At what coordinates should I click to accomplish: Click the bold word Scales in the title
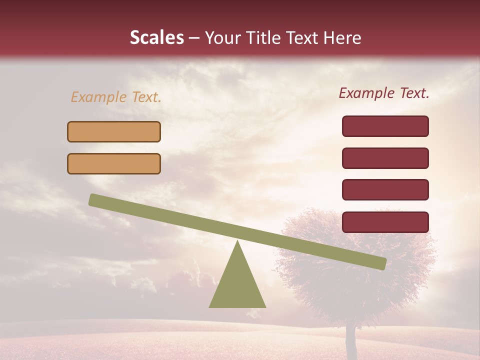coord(156,38)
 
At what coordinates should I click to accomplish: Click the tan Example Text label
coord(116,97)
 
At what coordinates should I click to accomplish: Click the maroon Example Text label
coord(384,93)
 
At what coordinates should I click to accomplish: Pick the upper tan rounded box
coord(114,131)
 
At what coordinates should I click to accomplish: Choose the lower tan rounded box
coord(114,163)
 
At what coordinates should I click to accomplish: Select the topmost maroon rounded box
coord(385,126)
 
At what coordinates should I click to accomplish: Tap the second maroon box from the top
coord(385,158)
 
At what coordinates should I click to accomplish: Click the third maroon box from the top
coord(385,190)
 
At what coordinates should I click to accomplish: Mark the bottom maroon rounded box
coord(385,222)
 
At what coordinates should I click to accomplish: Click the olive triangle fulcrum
coord(237,285)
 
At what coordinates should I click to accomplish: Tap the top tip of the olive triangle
coord(238,243)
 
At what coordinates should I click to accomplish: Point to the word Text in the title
coord(305,38)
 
